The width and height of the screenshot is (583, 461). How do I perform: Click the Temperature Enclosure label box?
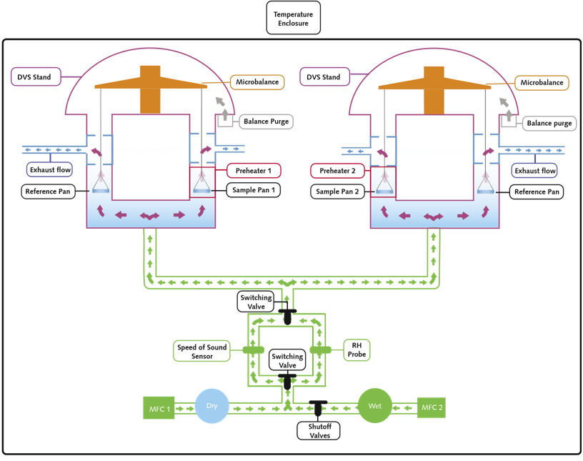[294, 18]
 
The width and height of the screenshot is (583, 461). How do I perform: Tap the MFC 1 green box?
[159, 408]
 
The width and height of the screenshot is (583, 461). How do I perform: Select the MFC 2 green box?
[432, 407]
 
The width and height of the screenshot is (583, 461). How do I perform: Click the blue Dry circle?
[211, 406]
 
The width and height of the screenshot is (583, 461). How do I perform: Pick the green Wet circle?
[375, 405]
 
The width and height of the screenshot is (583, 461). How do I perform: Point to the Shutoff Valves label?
[319, 431]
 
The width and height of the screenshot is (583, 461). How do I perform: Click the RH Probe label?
[357, 350]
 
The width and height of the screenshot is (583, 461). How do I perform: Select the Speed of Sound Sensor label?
[201, 351]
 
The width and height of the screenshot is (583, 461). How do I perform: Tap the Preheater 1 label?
[254, 171]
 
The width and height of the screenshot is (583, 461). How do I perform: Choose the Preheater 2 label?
[337, 171]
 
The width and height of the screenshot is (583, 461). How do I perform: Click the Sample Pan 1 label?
[254, 190]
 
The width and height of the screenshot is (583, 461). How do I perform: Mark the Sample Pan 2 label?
[337, 192]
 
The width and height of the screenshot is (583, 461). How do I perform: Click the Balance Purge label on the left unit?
[266, 122]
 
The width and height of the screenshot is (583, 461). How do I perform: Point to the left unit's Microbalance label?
[257, 82]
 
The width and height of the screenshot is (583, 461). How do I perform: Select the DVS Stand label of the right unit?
[324, 76]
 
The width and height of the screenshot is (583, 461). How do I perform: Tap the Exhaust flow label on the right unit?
[534, 170]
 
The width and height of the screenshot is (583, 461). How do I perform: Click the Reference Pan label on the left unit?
[48, 192]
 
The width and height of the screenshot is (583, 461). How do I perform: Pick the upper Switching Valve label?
[256, 302]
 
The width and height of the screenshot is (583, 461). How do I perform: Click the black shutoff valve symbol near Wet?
[318, 408]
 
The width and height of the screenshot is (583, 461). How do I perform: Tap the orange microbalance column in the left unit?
[150, 89]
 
